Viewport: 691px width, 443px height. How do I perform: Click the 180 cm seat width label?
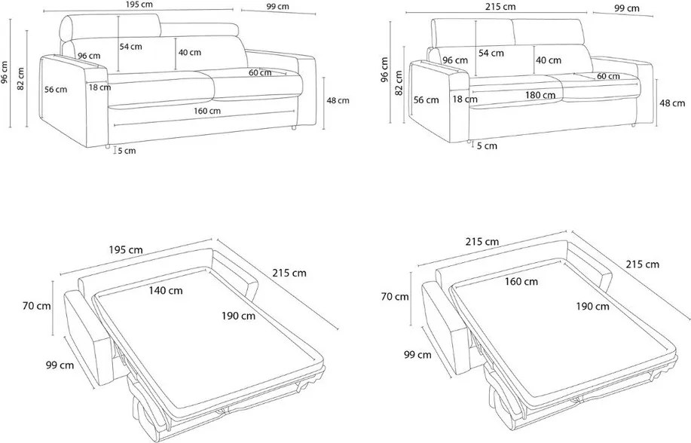541,95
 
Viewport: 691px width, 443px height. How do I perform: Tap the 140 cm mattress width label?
165,290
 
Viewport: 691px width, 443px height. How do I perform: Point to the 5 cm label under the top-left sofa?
127,151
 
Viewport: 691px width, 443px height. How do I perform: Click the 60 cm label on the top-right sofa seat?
608,76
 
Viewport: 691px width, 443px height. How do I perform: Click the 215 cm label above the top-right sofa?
500,6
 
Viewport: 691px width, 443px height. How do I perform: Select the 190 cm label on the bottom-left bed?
240,316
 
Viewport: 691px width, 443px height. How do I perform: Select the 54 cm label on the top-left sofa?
131,46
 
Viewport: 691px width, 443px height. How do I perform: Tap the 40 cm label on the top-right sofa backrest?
547,60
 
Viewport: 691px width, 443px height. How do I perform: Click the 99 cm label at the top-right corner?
627,8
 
